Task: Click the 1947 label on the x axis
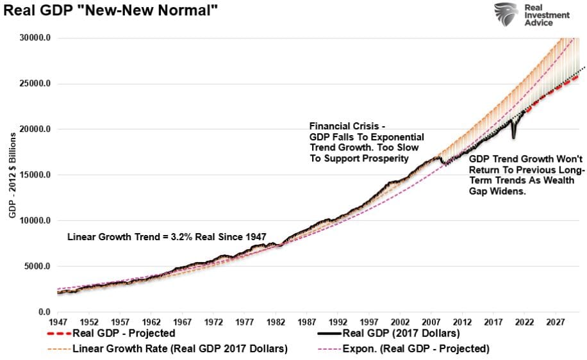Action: click(x=58, y=322)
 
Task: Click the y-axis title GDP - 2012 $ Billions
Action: click(x=13, y=175)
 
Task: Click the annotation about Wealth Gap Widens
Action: click(x=527, y=175)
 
